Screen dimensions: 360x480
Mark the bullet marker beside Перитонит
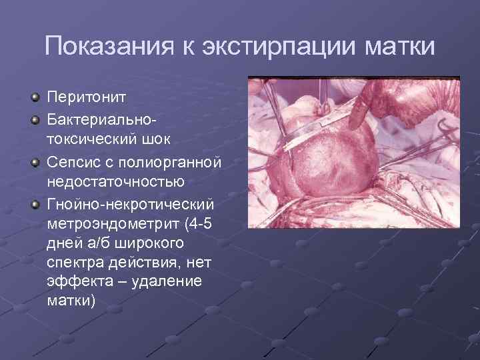tap(35, 99)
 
